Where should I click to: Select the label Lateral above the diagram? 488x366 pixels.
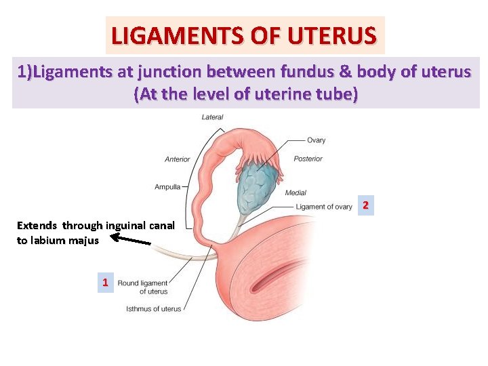tap(212, 117)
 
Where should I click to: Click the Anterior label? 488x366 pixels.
tap(178, 159)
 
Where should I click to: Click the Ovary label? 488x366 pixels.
tap(316, 140)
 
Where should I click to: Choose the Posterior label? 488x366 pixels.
tap(308, 159)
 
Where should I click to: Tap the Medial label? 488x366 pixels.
tap(296, 192)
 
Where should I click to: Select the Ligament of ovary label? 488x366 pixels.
tap(324, 207)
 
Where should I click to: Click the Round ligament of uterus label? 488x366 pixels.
tap(143, 287)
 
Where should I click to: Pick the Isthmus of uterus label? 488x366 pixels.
tap(154, 309)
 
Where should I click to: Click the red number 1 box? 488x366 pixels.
tap(105, 283)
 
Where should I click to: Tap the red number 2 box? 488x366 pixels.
tap(365, 204)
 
